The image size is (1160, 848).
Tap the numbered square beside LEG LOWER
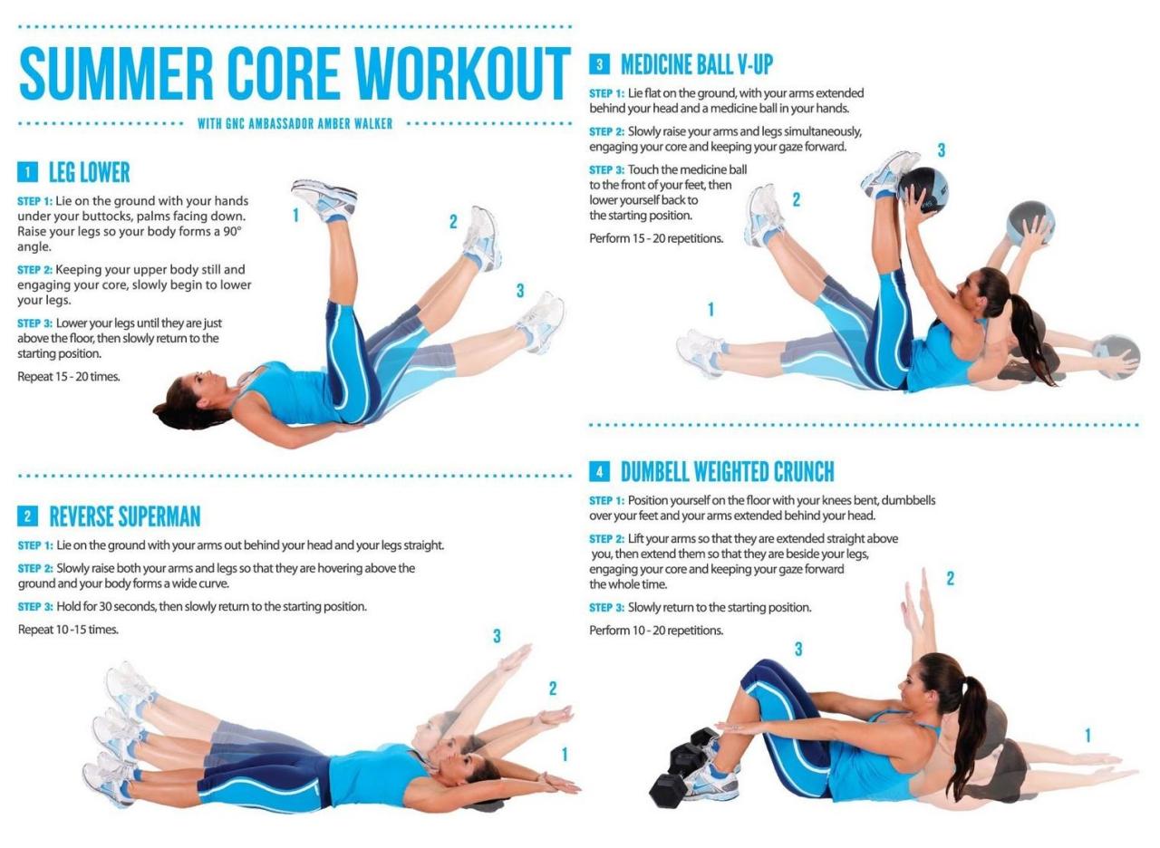pos(27,172)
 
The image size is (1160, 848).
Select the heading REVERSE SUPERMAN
pos(124,516)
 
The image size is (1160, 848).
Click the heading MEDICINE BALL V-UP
pos(696,64)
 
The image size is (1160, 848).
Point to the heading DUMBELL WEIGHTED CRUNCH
pos(727,471)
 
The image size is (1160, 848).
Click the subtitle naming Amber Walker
pos(295,123)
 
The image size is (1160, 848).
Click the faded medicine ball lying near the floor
pos(1116,355)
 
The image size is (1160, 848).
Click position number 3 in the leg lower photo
pos(520,291)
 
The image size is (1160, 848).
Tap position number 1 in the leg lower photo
pos(295,216)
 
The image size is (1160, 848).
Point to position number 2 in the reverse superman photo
pos(553,689)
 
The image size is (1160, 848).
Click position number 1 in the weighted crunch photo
pos(1087,736)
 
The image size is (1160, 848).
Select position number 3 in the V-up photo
pos(942,150)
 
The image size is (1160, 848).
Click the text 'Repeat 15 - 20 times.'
pos(69,376)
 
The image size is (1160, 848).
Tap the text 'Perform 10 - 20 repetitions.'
pos(656,630)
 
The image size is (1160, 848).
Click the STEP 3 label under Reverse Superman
pos(35,606)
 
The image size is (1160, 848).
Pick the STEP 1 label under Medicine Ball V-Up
pos(606,93)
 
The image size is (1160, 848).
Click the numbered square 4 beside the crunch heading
pos(599,471)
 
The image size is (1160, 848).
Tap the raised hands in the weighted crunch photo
pos(915,598)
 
